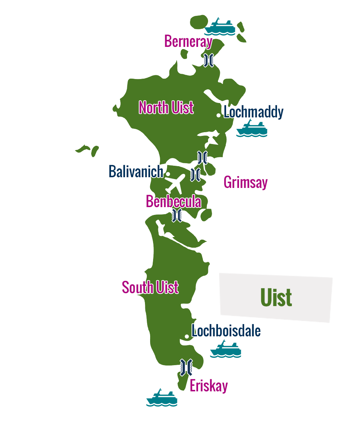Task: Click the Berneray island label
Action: pyautogui.click(x=188, y=41)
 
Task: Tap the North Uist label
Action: pyautogui.click(x=166, y=108)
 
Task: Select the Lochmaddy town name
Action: pyautogui.click(x=253, y=112)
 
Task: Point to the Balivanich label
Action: pyautogui.click(x=136, y=171)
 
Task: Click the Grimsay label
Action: pyautogui.click(x=245, y=182)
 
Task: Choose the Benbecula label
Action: pyautogui.click(x=173, y=202)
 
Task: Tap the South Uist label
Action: pyautogui.click(x=150, y=287)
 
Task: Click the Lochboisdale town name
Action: pyautogui.click(x=226, y=331)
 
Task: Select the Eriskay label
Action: pyautogui.click(x=209, y=386)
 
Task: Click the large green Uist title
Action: pyautogui.click(x=276, y=298)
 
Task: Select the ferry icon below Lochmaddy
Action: pyautogui.click(x=252, y=129)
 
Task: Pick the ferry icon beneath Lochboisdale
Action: pyautogui.click(x=226, y=349)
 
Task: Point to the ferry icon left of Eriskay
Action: pyautogui.click(x=162, y=398)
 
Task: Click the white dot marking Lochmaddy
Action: pyautogui.click(x=218, y=115)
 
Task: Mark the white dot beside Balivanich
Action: pyautogui.click(x=168, y=174)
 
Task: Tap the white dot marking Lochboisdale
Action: pyautogui.click(x=187, y=336)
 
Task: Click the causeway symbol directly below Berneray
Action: pyautogui.click(x=208, y=60)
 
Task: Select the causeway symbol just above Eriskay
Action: pyautogui.click(x=186, y=366)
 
